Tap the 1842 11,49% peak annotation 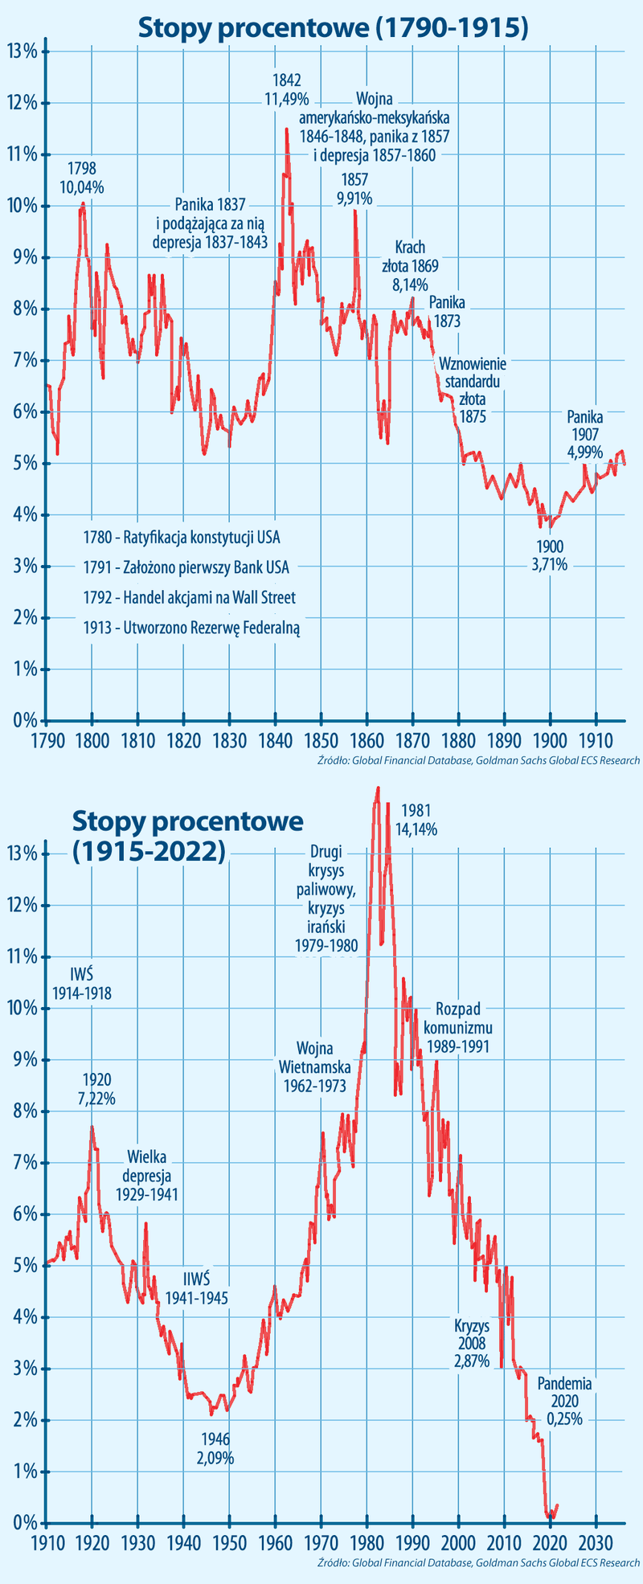tap(286, 89)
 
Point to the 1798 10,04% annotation tap(82, 178)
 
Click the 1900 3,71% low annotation tap(550, 555)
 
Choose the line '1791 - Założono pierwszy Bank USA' tap(186, 567)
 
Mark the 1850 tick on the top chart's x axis tap(321, 739)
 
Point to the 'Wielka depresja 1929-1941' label tap(147, 1175)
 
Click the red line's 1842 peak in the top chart tap(286, 129)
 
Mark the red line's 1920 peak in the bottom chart tap(92, 1127)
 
